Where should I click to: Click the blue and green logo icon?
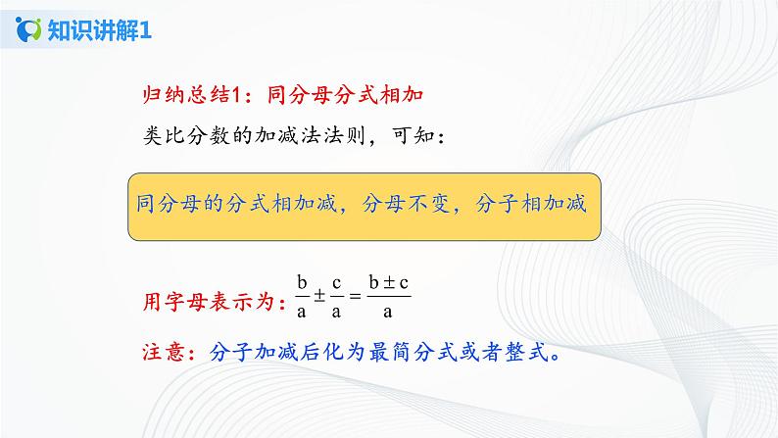(28, 29)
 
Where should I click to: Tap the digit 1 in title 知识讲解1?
(145, 30)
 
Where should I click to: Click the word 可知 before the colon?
(413, 135)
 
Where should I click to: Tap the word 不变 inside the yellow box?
(430, 204)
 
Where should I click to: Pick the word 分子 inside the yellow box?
(497, 204)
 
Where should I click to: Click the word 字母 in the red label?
(186, 301)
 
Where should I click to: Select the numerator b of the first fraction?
(302, 283)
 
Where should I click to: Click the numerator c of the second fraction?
(336, 284)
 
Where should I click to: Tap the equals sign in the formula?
(355, 296)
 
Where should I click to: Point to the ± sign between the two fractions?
(319, 296)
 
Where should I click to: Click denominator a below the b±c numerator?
(387, 312)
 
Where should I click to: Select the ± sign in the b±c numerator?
(389, 283)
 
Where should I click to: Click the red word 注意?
(164, 352)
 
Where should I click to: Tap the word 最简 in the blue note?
(391, 352)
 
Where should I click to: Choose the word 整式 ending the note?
(526, 352)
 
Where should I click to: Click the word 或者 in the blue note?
(481, 352)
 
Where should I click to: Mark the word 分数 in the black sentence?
(209, 135)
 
